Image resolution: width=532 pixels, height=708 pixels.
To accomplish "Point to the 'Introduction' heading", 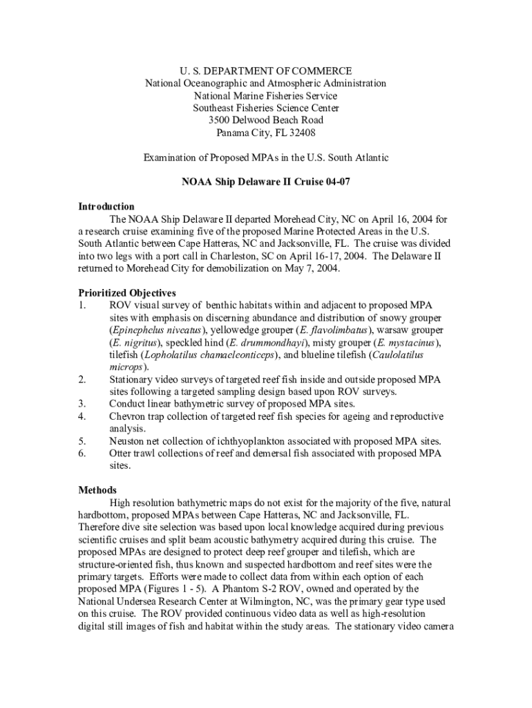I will [106, 207].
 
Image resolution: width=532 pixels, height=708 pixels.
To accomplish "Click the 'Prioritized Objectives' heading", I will [126, 293].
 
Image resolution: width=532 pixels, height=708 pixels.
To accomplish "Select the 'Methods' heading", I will [97, 490].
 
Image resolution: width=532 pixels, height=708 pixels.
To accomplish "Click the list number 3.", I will [82, 404].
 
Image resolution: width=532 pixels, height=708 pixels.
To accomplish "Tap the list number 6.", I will [82, 454].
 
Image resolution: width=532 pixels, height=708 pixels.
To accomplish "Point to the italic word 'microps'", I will [126, 367].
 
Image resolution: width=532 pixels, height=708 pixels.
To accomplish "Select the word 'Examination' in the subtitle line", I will [171, 158].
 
